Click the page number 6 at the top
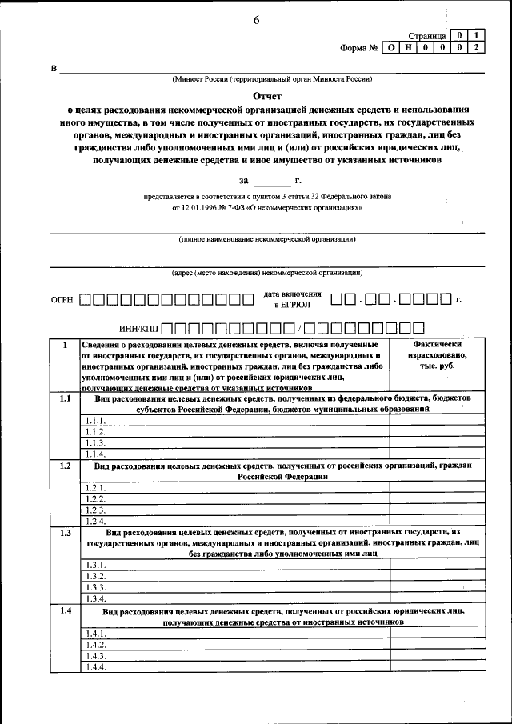tap(257, 20)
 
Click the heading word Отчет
tap(257, 93)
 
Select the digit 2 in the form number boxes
tap(476, 48)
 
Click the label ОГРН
tap(62, 300)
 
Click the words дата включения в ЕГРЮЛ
tap(292, 299)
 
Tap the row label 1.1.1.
tap(95, 421)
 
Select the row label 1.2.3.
tap(95, 510)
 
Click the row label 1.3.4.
tap(95, 598)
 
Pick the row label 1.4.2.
tap(95, 645)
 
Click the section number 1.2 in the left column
tap(66, 466)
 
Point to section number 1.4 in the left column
tap(66, 611)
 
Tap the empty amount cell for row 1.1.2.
tap(437, 432)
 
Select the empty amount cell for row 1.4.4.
tap(437, 667)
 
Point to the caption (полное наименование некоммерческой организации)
tap(267, 239)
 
